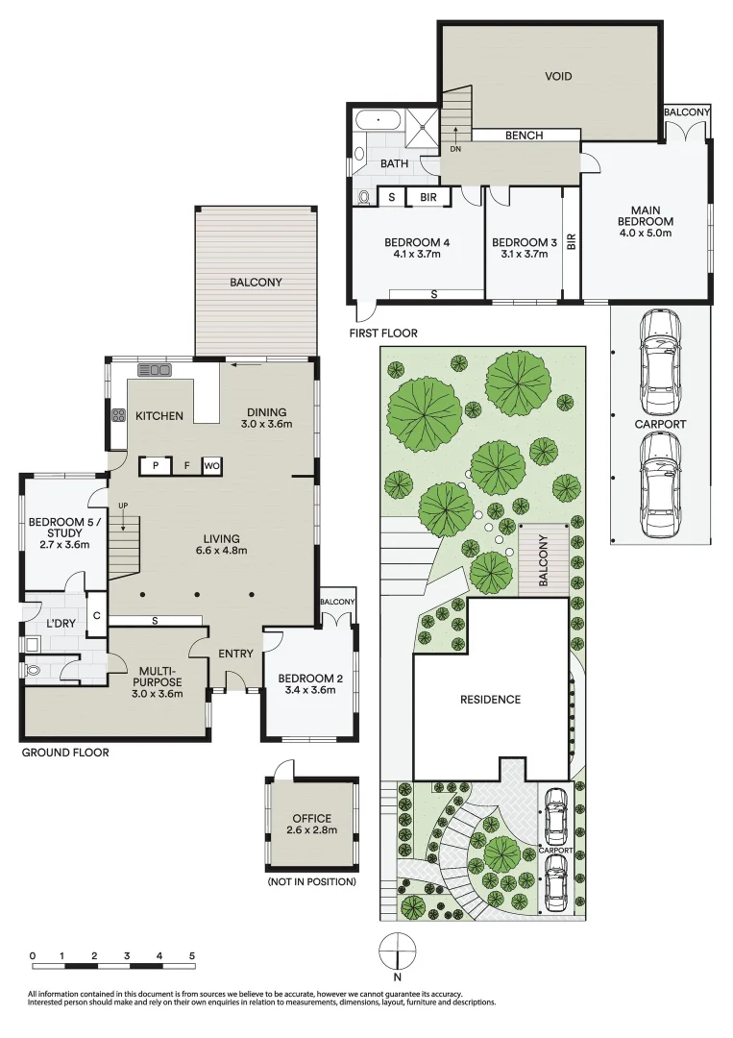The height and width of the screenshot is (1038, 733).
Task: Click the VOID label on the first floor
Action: [x=558, y=76]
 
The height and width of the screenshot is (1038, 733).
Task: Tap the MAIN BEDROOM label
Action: [x=645, y=221]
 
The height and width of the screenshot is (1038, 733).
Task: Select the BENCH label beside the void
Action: [x=524, y=136]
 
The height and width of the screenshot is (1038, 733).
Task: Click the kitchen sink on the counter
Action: [x=154, y=370]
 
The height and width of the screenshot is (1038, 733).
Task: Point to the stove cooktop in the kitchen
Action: [x=119, y=416]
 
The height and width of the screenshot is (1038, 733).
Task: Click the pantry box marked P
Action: [x=155, y=466]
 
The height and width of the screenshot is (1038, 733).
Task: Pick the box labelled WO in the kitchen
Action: [x=211, y=466]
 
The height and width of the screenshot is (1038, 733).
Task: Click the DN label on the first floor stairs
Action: [x=455, y=148]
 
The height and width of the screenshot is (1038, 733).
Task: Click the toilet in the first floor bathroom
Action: [x=364, y=197]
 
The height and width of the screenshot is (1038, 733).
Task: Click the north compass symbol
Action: [x=397, y=954]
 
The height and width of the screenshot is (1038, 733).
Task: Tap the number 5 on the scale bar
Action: [x=193, y=956]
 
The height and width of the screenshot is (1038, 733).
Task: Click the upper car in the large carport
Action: [x=660, y=358]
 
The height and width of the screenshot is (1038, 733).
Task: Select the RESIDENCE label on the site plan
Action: [x=489, y=700]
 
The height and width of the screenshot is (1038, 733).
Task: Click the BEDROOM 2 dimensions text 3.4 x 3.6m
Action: [x=308, y=689]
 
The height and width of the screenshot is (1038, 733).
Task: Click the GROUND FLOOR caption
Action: [x=65, y=753]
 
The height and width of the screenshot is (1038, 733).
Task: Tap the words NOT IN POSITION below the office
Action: [x=312, y=881]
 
